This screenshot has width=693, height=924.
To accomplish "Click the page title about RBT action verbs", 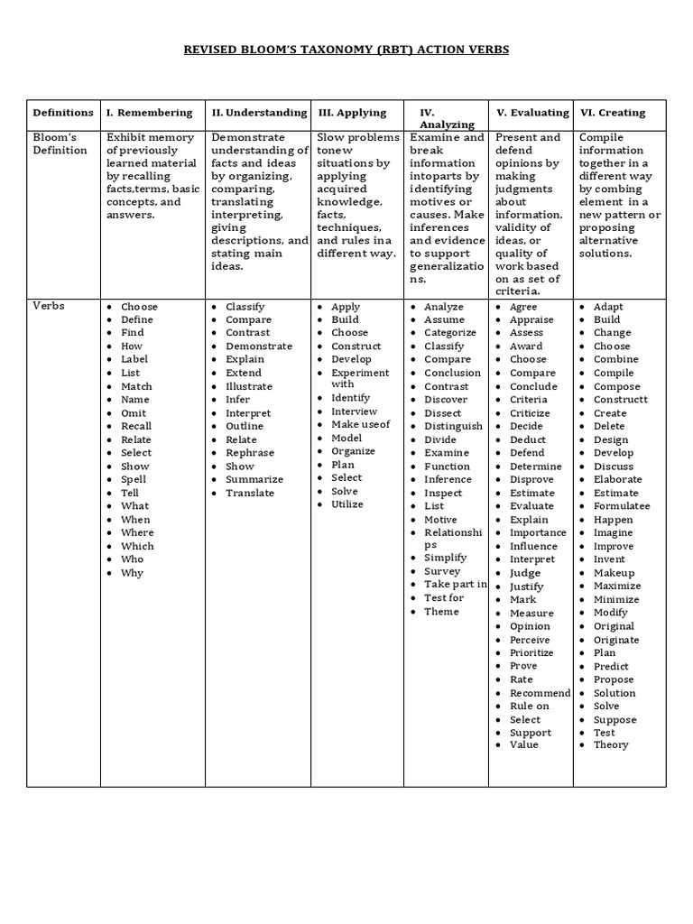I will (x=346, y=50).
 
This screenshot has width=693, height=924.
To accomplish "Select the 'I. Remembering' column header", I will (x=149, y=113).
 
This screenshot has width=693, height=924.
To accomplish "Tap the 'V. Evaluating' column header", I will (x=532, y=113).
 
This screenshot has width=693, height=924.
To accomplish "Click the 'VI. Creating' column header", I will (x=613, y=113).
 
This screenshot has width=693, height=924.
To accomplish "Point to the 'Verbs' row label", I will (x=49, y=305).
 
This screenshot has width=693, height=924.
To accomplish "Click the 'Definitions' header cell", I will (x=63, y=113).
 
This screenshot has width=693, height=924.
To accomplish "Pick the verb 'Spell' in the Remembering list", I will (x=134, y=479).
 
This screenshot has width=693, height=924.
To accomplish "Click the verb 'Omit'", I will (x=134, y=412).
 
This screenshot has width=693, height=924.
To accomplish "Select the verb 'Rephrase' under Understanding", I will (x=249, y=453).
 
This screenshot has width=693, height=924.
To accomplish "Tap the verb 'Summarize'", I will (x=254, y=479).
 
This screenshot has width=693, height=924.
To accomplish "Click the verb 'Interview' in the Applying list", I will (x=354, y=411).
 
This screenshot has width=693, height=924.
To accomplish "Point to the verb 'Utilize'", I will (x=347, y=504).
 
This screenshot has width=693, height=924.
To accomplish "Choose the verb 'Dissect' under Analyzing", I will (x=443, y=413).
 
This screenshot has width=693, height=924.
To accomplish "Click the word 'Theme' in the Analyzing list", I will (x=441, y=612).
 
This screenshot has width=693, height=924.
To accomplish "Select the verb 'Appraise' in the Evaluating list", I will (x=531, y=319).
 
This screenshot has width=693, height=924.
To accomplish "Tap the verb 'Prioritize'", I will (x=531, y=652).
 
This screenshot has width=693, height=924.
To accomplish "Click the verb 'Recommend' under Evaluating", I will (x=540, y=693).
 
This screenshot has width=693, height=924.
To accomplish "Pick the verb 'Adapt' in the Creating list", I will (x=608, y=307).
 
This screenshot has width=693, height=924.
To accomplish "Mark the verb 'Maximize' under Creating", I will (x=617, y=586).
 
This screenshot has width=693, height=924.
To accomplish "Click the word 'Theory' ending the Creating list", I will (x=611, y=745).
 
